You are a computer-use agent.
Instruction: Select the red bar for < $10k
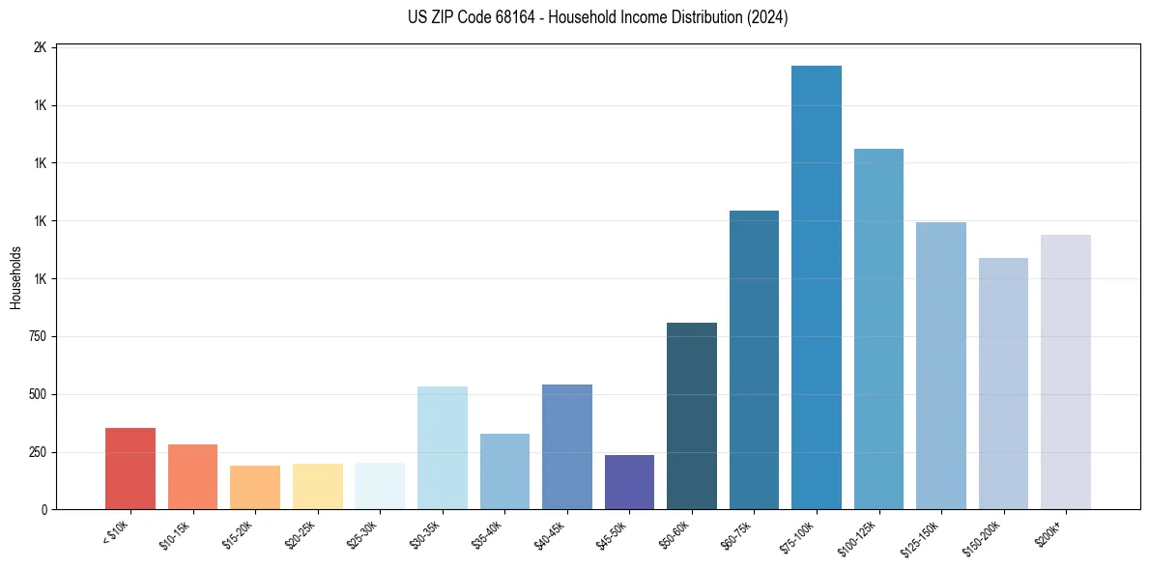tap(130, 469)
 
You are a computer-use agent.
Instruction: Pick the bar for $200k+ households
tap(1066, 372)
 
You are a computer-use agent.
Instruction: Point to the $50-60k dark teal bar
tap(692, 415)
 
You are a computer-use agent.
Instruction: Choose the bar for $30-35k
tap(443, 447)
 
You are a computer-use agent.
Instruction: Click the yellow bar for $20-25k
tap(318, 486)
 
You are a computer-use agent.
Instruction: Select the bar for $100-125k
tap(878, 328)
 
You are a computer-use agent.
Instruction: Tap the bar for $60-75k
tap(754, 359)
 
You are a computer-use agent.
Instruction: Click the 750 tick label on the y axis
tap(37, 337)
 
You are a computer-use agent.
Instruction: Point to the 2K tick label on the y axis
tap(42, 47)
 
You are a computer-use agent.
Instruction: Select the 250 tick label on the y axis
tap(37, 452)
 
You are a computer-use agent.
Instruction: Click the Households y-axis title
tap(15, 278)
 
